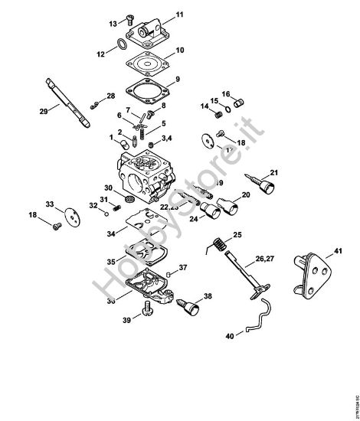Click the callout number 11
(x=179, y=15)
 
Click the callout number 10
(x=179, y=50)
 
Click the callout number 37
(x=182, y=268)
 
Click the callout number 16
(x=226, y=94)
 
